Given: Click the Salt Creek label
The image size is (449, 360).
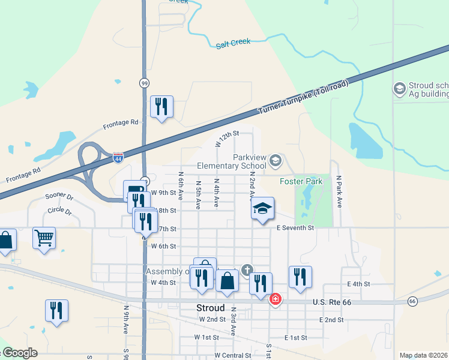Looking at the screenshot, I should [234, 43].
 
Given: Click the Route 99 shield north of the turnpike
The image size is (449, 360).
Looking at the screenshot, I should [144, 83].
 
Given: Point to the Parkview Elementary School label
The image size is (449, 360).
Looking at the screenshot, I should [232, 161].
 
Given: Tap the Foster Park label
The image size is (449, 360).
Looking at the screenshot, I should [301, 181].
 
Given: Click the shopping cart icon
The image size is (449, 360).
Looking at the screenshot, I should [44, 239].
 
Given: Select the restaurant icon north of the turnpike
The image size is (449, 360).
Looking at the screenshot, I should [161, 107].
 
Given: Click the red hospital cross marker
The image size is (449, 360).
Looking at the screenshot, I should [276, 299].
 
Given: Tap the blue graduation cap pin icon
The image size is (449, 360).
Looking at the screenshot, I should [262, 208].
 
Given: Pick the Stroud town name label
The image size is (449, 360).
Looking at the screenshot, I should [194, 308].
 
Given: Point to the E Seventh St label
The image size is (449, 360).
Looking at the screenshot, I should [295, 228].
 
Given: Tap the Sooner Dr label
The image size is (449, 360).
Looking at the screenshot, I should [59, 197].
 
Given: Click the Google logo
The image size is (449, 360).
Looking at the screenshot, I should [19, 353].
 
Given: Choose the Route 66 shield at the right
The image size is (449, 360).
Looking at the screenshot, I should [412, 301].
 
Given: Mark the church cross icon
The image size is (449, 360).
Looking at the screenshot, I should [247, 269].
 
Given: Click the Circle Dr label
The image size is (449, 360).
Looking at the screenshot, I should [59, 212].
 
